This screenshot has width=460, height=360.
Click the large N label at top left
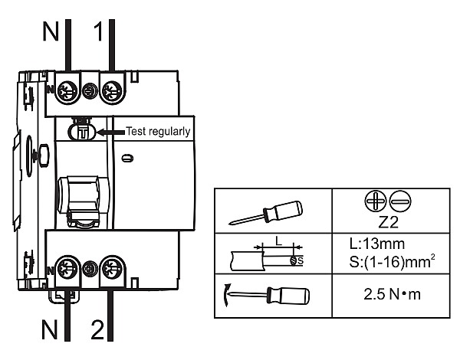[51, 31]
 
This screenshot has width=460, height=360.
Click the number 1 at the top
[99, 31]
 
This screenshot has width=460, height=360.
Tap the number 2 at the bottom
[97, 329]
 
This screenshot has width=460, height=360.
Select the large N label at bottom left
[49, 329]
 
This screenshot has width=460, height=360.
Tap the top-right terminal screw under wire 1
[112, 90]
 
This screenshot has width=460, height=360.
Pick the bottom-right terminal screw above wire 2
[112, 267]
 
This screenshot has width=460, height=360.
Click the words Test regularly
[158, 131]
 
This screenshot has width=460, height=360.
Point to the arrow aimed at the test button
[111, 133]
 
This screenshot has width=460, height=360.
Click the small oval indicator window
[127, 159]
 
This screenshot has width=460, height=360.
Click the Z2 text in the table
[389, 222]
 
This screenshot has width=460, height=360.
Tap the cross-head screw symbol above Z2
[375, 201]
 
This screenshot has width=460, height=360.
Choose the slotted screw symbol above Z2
[400, 201]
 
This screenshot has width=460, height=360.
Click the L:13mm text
[377, 244]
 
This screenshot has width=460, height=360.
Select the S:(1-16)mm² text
[392, 261]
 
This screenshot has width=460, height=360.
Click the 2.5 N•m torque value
[392, 294]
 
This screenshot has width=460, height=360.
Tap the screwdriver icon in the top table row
[266, 212]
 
